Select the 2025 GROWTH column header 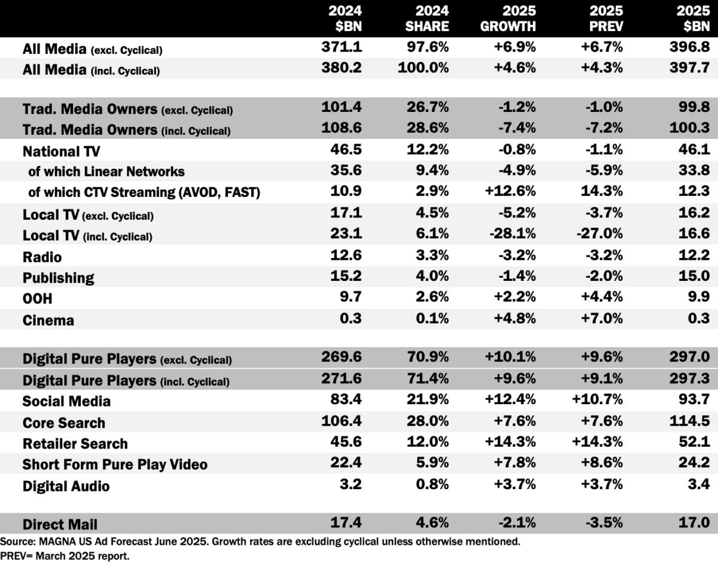510,19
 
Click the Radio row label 42,257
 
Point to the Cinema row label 48,320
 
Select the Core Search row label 63,423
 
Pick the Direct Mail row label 60,524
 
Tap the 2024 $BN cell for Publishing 347,277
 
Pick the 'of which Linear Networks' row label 107,172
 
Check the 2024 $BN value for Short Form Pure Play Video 347,464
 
